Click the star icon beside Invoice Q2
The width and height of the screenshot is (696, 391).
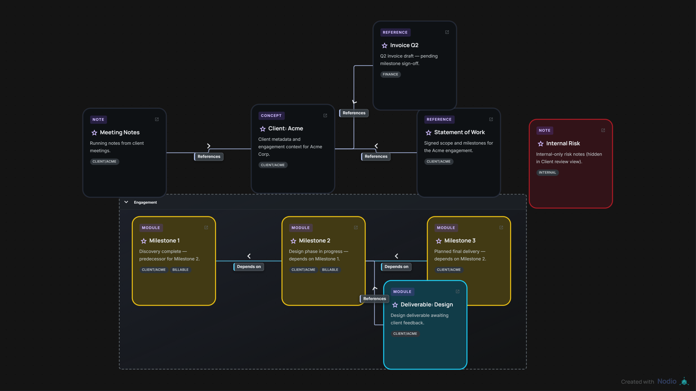coord(384,46)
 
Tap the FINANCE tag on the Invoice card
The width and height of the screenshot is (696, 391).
coord(390,74)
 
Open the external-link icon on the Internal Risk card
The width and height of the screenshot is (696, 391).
coord(603,130)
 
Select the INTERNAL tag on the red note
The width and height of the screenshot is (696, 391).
coord(548,173)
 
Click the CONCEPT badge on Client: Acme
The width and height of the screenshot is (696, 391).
coord(271,116)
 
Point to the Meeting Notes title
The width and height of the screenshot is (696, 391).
coord(120,133)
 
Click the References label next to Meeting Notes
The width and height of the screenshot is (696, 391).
coord(209,157)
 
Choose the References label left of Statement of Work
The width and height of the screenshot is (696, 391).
coord(376,156)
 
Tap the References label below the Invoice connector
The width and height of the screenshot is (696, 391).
coord(354,113)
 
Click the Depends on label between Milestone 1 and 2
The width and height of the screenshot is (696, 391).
coord(249,267)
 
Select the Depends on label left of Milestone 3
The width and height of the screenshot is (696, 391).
coord(396,267)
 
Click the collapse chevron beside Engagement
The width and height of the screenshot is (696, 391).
coord(126,202)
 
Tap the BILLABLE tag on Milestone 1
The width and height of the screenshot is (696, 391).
coord(181,270)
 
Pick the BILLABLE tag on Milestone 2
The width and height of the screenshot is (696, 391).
coord(330,270)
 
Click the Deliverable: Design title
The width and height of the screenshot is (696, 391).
coord(427,305)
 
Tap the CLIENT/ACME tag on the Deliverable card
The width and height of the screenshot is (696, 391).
coord(405,334)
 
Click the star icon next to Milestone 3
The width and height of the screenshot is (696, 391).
coord(439,241)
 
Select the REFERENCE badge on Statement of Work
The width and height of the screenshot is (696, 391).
coord(439,119)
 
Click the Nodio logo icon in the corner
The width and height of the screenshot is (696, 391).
coord(684,381)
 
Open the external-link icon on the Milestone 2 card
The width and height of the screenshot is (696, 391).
coord(356,228)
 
